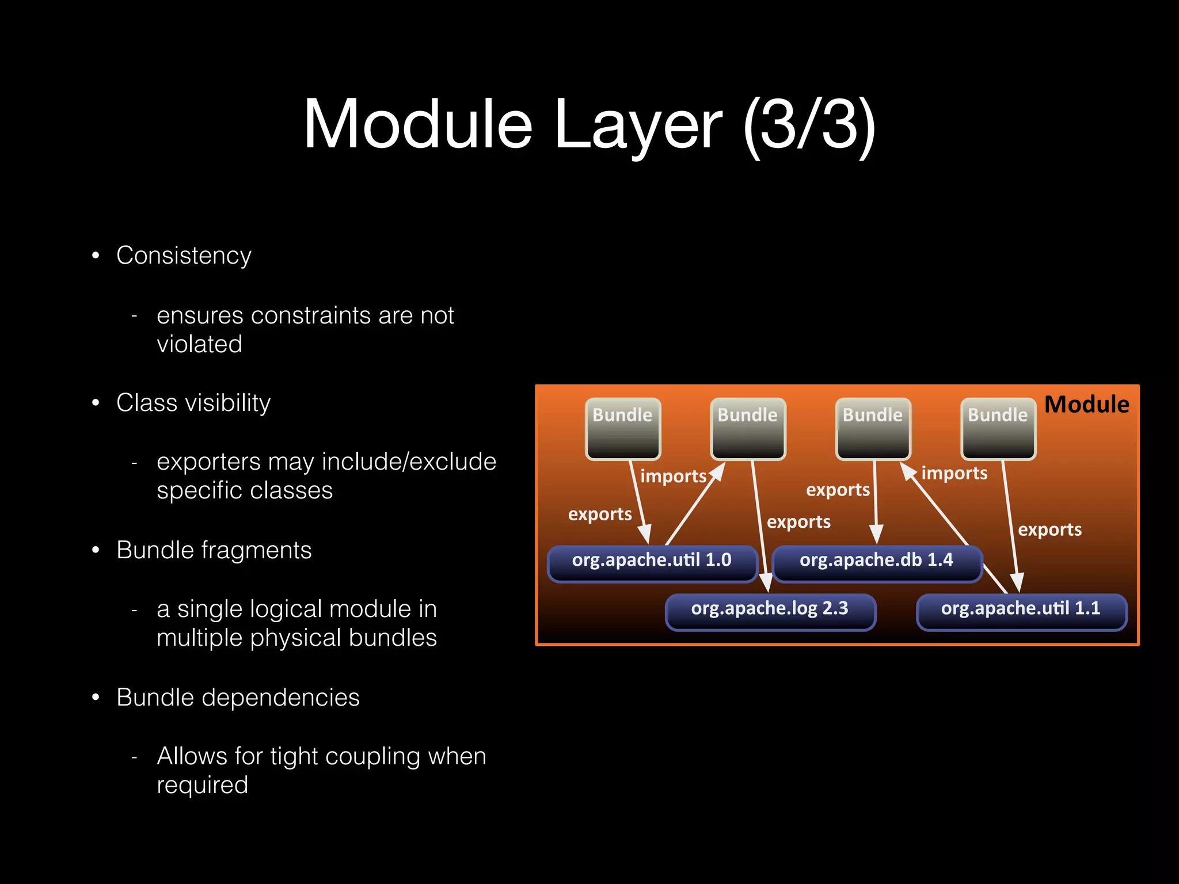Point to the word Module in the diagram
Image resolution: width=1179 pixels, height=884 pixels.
1086,405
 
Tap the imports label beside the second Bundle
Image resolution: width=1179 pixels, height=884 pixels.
673,477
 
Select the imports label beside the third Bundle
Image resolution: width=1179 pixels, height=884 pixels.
954,473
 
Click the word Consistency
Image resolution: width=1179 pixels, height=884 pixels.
184,256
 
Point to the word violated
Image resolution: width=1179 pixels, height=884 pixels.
199,344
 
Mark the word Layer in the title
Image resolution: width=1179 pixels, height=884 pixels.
637,125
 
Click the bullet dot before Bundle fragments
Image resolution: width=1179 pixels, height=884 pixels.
96,550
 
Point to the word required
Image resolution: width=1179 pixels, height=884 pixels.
202,785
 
